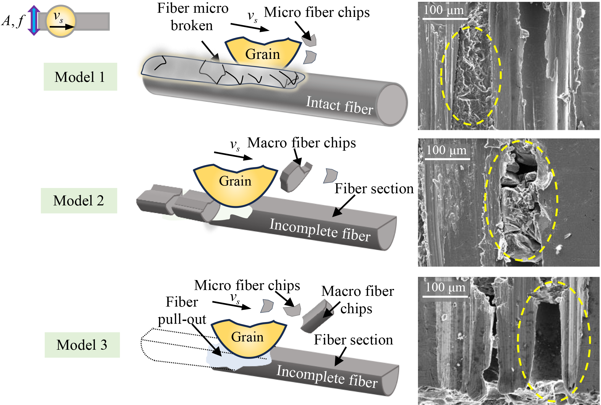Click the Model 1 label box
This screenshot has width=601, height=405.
80,77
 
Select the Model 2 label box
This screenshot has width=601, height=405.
79,201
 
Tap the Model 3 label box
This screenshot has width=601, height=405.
82,345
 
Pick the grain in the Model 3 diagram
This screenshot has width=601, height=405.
247,339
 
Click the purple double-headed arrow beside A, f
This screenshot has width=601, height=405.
34,20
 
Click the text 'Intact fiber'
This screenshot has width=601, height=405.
340,105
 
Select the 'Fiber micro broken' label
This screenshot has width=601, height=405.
193,17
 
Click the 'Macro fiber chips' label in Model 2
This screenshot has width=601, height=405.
301,143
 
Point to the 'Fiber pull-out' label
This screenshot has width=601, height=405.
182,310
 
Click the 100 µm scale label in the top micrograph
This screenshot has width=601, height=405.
444,11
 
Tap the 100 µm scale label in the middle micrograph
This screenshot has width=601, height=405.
446,151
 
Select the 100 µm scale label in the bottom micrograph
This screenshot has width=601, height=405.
445,288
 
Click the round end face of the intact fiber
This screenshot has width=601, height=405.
392,105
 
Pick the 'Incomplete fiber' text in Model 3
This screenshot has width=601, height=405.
327,377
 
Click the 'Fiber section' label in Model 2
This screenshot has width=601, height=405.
374,189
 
